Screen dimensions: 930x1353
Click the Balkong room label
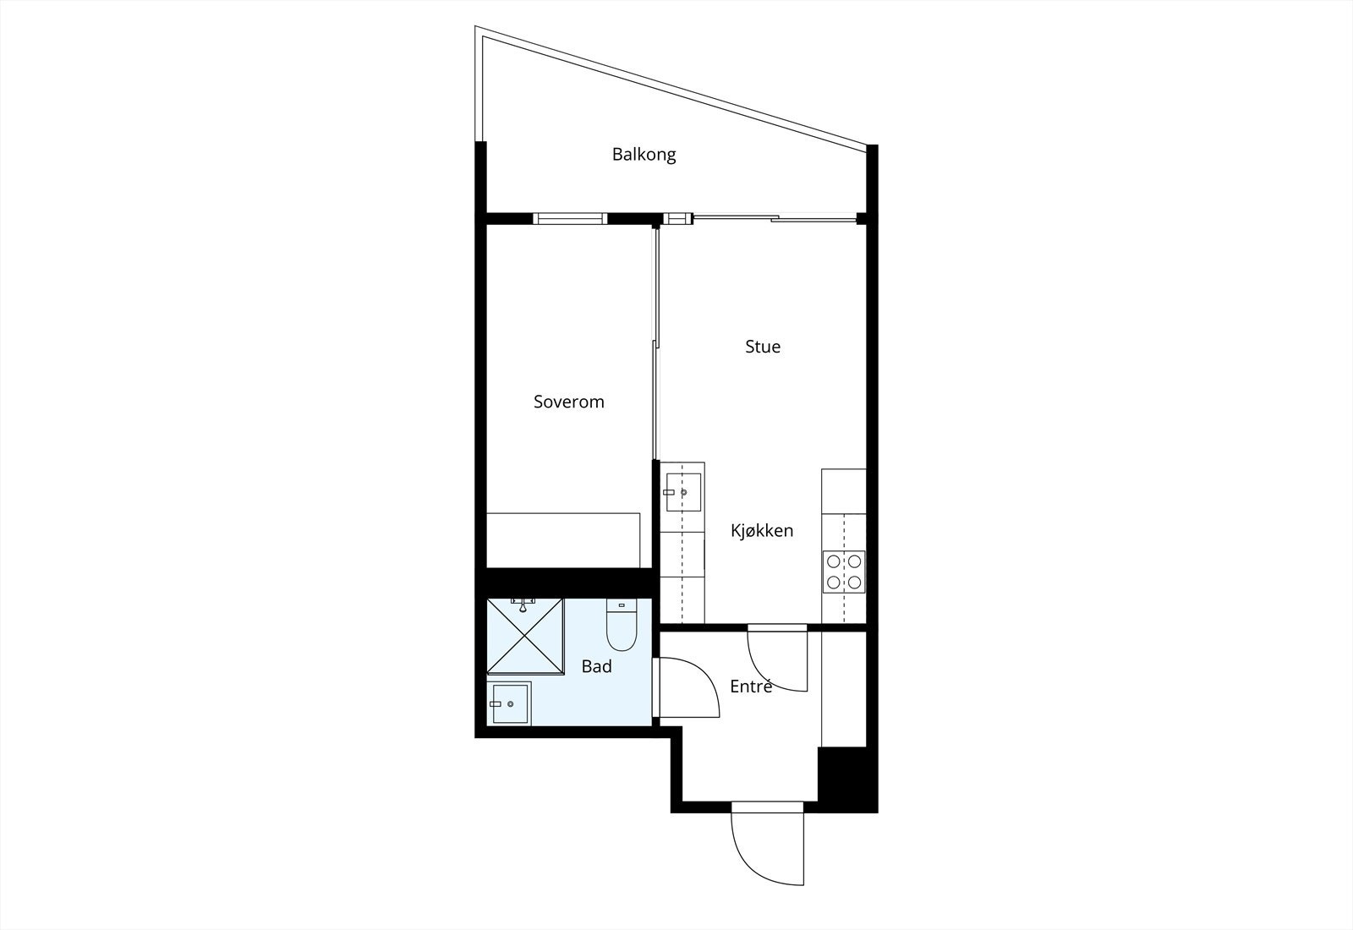644,155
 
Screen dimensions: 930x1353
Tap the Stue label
762,347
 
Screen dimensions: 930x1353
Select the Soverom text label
568,402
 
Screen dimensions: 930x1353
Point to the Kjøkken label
762,531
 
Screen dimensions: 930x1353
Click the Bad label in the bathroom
596,666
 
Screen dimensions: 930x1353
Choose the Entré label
751,687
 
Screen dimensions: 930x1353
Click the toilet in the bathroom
622,626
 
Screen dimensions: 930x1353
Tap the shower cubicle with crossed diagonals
525,637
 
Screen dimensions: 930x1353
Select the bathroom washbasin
509,703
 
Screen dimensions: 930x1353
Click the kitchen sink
682,491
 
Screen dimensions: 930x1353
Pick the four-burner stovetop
843,571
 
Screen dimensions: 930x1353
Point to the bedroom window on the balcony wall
570,218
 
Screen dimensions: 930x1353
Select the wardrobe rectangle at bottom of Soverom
562,539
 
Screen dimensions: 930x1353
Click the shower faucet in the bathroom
523,604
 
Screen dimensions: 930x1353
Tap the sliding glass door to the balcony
774,219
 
